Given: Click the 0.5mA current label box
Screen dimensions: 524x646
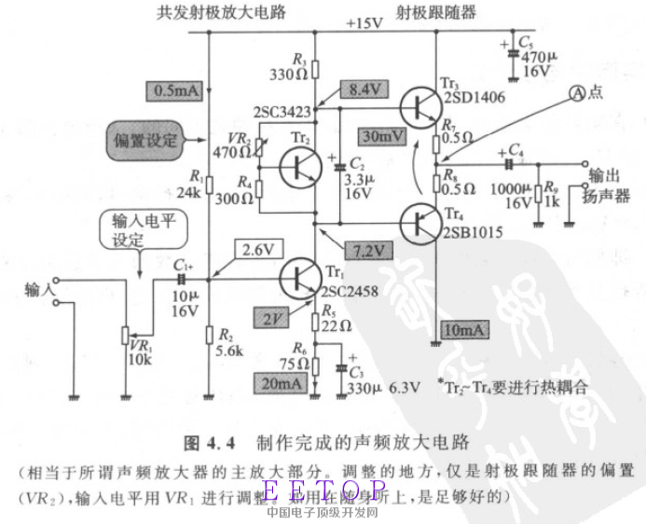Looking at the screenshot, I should pos(174,91).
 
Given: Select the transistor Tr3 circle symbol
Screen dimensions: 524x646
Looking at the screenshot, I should pos(424,105).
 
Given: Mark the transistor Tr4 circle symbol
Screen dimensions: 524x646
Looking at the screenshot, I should pos(424,224).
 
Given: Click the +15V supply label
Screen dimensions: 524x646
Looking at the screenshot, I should pos(364,22).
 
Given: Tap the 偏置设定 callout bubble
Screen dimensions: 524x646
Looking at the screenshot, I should pos(144,141).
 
